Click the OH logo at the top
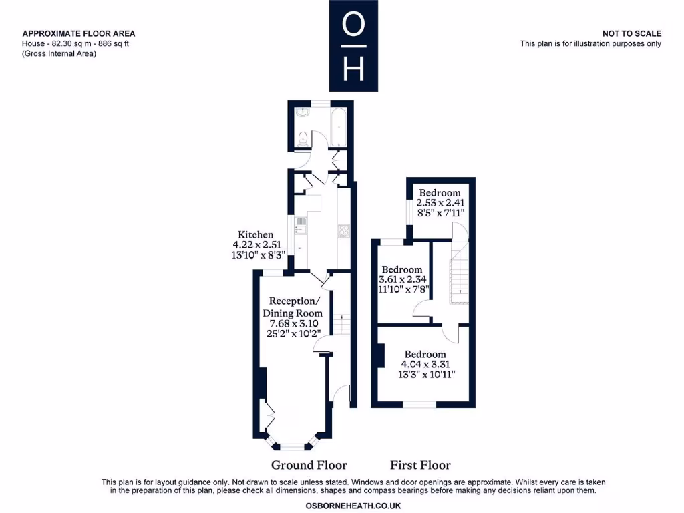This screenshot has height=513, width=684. tap(353, 45)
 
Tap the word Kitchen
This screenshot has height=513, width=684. tap(256, 234)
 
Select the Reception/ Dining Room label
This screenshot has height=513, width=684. tap(293, 307)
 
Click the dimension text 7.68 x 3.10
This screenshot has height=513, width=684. tap(293, 323)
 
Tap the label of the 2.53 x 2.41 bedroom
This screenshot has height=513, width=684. tap(440, 192)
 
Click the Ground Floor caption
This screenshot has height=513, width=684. tap(309, 465)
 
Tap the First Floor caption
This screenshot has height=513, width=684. tap(420, 465)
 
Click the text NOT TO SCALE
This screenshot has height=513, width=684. tap(631, 33)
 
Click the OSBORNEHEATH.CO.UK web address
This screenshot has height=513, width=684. tap(353, 506)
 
